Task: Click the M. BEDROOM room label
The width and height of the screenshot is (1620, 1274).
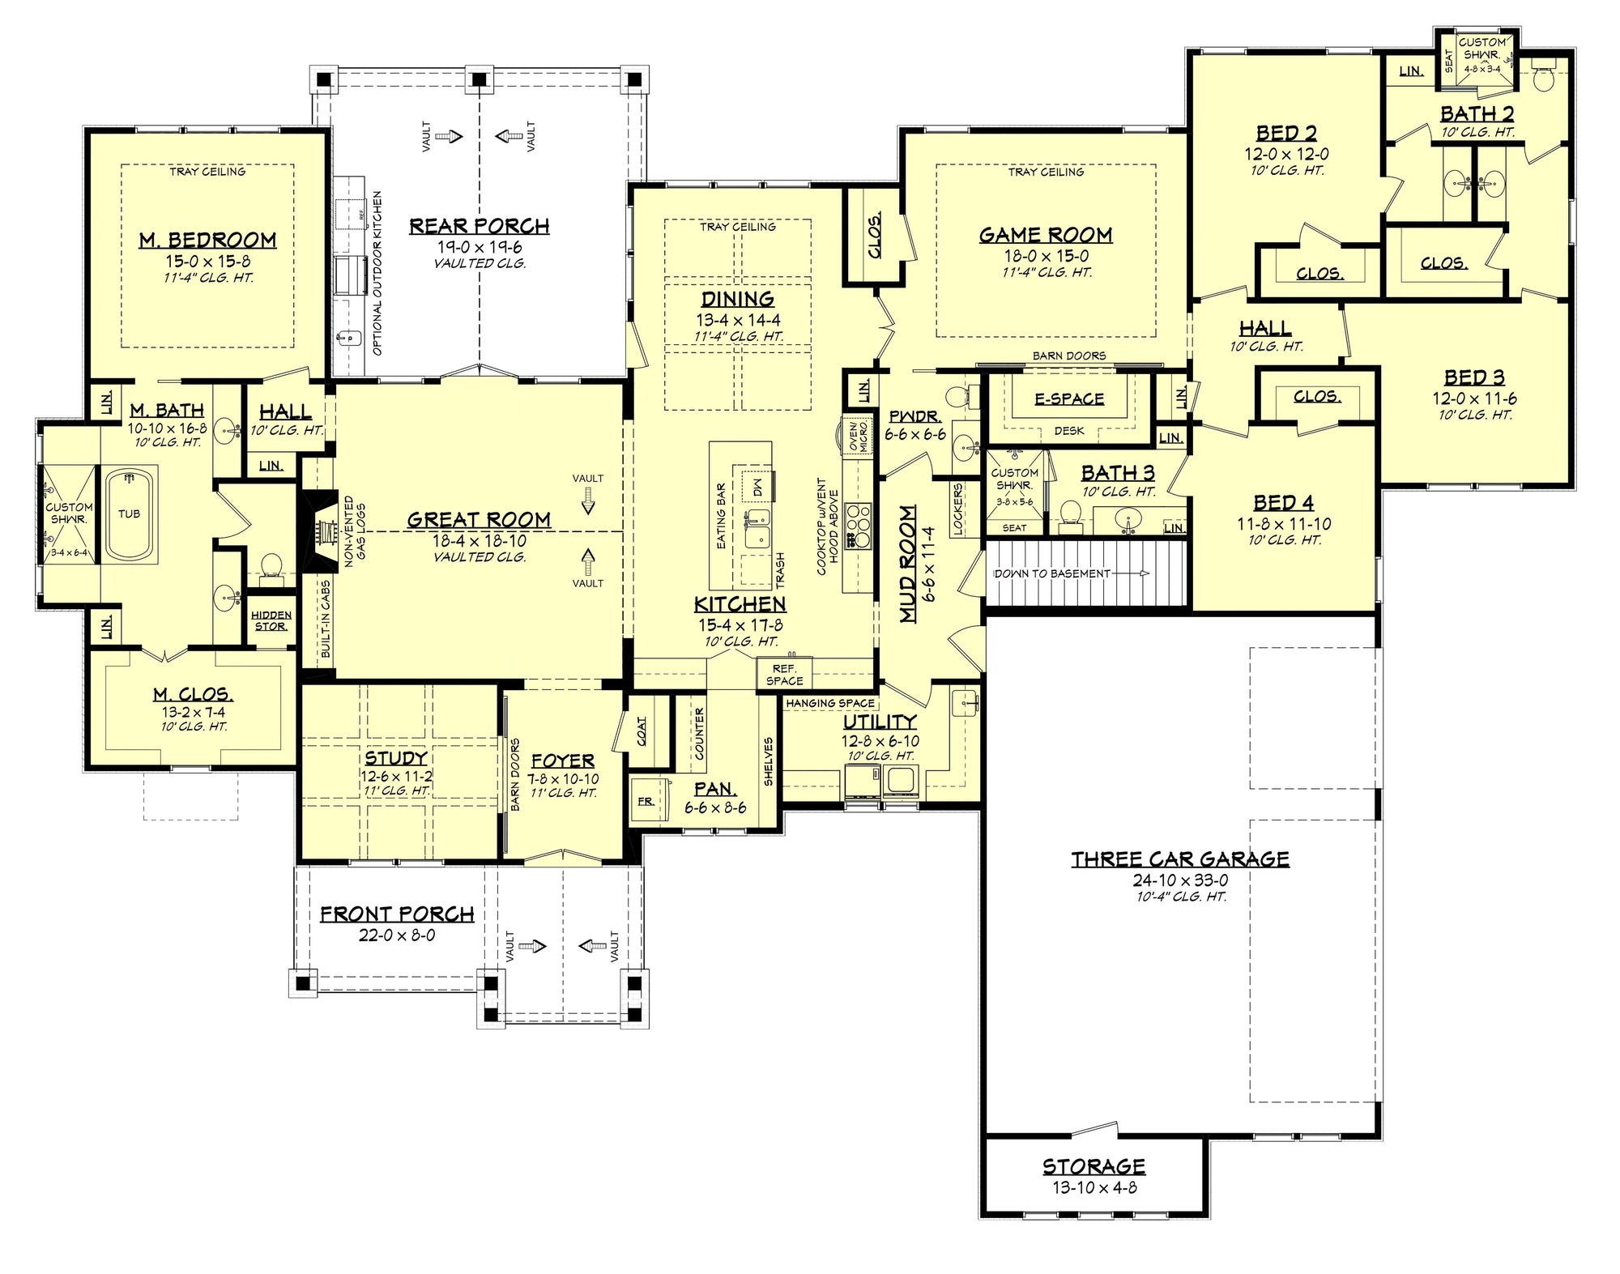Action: [208, 240]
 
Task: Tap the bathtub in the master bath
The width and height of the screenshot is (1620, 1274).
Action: [130, 513]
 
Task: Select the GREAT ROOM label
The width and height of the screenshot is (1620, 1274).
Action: [479, 519]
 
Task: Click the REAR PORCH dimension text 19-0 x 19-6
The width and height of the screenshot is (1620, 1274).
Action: [480, 247]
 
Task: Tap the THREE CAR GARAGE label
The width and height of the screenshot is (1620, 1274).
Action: [1180, 859]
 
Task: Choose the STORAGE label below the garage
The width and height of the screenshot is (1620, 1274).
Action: [1093, 1166]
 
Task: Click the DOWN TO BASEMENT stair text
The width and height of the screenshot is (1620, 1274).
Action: [1052, 573]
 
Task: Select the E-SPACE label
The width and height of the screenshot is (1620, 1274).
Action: [1069, 398]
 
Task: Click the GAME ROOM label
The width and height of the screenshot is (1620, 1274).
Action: [1046, 235]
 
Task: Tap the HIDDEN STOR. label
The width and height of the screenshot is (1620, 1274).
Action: [271, 620]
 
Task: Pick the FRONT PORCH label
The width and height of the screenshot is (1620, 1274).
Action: [397, 914]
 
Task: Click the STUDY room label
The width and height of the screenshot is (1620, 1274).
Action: [396, 757]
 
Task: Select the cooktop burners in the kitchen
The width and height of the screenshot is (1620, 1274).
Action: [857, 524]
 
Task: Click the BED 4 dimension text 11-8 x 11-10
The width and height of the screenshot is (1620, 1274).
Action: [1284, 524]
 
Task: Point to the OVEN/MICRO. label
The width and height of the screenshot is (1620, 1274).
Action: [859, 436]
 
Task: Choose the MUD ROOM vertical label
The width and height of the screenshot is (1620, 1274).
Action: [909, 564]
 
